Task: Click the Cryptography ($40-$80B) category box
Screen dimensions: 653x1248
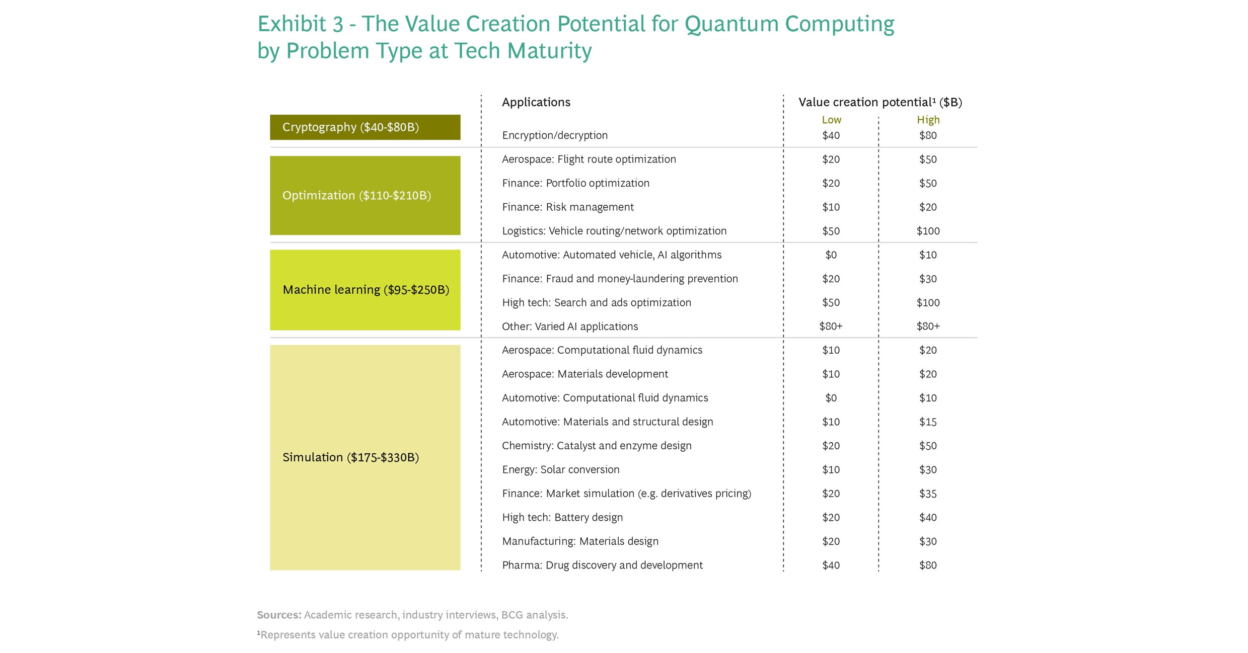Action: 365,127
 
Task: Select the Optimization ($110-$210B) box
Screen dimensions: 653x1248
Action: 365,195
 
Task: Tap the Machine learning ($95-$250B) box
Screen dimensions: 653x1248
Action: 365,290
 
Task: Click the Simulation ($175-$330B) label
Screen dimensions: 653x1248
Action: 350,457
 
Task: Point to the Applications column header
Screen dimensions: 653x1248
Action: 536,102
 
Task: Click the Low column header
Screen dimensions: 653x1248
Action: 831,120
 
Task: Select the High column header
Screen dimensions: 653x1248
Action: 928,120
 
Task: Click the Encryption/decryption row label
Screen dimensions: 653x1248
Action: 554,135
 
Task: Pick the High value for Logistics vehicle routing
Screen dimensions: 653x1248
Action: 928,231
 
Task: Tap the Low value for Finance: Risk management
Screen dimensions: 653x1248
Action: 831,207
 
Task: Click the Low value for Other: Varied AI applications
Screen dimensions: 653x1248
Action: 831,326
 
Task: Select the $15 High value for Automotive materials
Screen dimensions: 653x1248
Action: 928,422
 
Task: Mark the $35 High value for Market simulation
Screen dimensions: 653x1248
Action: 928,494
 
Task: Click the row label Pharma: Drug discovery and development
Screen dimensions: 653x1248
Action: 602,565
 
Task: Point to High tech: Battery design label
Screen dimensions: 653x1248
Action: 562,518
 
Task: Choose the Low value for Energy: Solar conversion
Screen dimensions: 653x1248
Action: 831,470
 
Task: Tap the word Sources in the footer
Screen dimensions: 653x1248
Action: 279,615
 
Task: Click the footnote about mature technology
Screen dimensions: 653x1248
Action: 408,635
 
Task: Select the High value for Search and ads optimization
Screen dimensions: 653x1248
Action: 928,303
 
